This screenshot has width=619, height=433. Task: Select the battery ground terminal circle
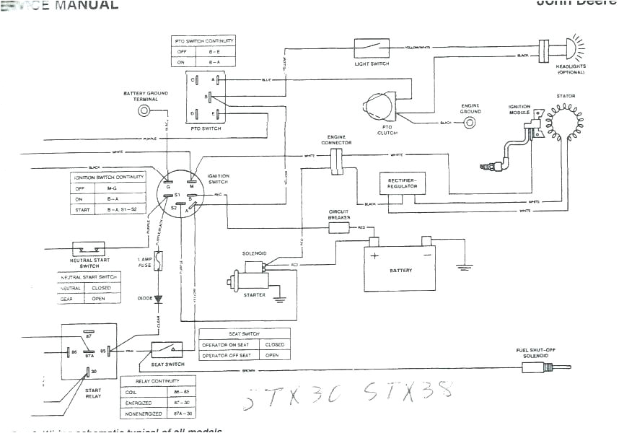coord(144,110)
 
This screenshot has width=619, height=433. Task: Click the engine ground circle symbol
coord(470,123)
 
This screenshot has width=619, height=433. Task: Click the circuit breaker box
coord(339,227)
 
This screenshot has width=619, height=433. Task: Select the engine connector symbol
coord(337,161)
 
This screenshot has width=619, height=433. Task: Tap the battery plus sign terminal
coord(374,255)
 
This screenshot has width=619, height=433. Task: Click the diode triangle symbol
coord(158,298)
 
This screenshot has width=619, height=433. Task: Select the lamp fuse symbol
coord(158,261)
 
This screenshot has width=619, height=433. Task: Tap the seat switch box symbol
coord(167,350)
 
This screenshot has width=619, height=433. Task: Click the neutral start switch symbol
coord(89,248)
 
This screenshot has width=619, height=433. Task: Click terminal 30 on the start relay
coord(88,372)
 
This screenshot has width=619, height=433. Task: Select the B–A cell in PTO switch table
coord(214,63)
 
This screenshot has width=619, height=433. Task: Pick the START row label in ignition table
coord(80,209)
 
